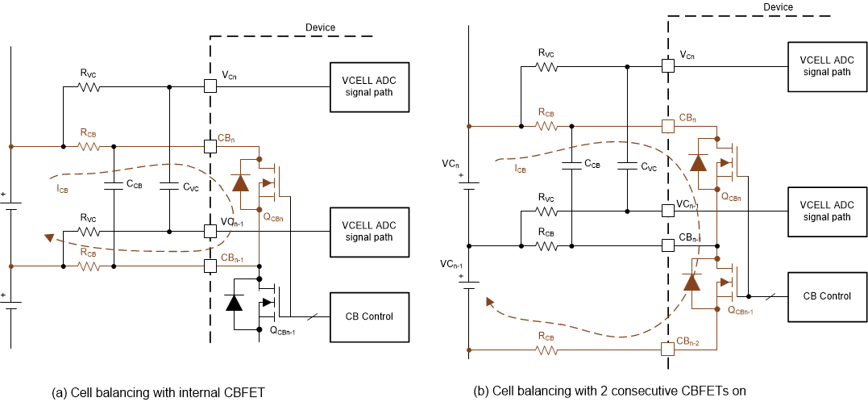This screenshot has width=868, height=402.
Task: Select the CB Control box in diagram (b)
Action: [x=827, y=296]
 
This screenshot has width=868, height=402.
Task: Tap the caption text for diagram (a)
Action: [x=158, y=393]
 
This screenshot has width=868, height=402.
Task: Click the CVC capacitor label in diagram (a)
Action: [x=191, y=186]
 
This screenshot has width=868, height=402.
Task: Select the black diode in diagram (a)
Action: [x=234, y=304]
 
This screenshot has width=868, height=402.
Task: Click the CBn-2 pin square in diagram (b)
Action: [x=667, y=350]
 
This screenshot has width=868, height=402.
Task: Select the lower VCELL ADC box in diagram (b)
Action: [x=827, y=211]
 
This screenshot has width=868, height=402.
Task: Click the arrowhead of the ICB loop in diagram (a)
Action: [x=50, y=237]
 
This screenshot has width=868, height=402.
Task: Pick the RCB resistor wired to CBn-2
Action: [x=547, y=350]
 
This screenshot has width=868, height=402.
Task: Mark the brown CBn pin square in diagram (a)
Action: [x=210, y=147]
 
